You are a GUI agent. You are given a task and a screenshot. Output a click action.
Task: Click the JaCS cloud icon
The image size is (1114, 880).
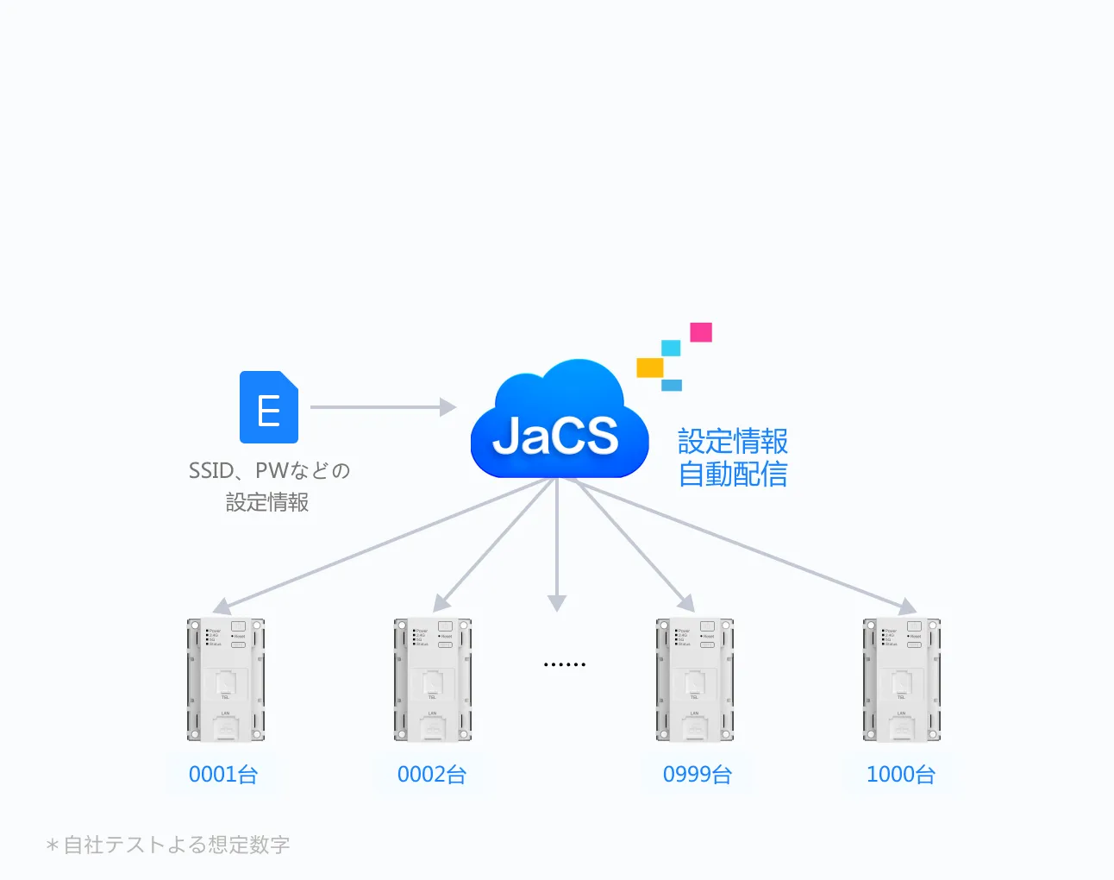point(559,423)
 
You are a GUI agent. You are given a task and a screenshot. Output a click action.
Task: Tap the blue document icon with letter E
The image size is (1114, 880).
point(269,407)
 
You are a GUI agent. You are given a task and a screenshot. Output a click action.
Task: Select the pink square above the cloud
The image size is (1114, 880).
point(701,332)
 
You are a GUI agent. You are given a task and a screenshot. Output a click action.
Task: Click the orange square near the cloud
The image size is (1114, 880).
point(649,368)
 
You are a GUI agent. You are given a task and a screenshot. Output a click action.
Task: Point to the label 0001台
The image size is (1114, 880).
point(223,774)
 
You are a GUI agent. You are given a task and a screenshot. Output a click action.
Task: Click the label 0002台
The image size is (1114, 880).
point(432,774)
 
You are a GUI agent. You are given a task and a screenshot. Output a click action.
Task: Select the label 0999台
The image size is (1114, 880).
point(698,774)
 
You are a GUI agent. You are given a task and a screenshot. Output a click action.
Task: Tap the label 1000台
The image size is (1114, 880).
point(901,774)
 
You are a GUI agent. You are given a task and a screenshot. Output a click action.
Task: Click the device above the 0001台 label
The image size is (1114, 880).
point(226,680)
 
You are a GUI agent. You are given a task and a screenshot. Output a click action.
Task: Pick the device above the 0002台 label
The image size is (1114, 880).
point(433,680)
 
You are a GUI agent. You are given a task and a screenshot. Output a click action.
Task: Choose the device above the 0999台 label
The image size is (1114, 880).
point(695,680)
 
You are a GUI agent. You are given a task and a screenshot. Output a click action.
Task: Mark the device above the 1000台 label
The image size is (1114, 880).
point(902,680)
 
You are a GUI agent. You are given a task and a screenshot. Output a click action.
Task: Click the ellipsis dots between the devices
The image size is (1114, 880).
point(565,664)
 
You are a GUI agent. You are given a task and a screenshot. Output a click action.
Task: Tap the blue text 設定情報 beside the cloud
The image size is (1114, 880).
point(733,441)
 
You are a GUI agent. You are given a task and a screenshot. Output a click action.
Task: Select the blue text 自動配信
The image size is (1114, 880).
point(733,475)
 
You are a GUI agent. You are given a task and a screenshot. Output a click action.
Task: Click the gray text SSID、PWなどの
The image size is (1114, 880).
point(269,470)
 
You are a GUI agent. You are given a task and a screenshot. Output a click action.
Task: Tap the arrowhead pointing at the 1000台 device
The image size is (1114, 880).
point(908,607)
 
